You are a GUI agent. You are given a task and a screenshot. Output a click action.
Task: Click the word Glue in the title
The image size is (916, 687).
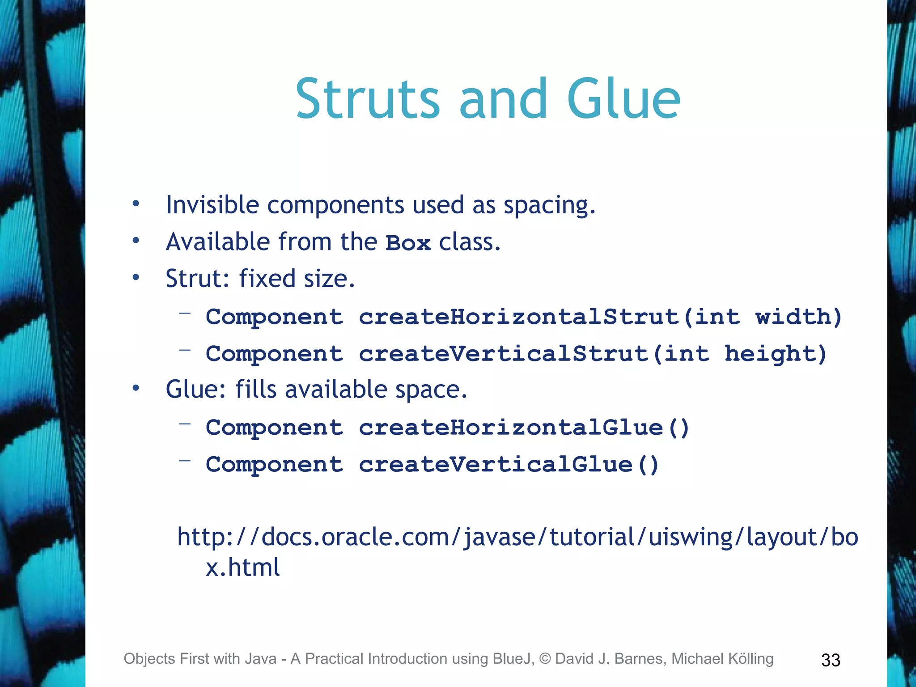coord(623,99)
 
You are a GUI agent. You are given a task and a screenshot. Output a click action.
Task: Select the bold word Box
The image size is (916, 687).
coord(408,243)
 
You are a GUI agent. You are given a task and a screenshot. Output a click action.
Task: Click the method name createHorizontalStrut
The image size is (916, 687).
coord(519,317)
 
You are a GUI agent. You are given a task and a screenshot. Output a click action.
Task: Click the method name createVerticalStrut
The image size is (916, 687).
coord(504,354)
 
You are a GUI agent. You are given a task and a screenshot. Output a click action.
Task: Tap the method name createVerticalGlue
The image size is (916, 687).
coord(496,464)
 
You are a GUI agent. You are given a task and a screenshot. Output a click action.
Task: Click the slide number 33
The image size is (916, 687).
coord(831,660)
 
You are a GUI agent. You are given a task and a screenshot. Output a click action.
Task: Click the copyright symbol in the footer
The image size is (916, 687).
coord(544,659)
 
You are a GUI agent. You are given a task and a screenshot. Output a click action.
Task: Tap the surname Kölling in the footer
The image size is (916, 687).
coord(751,659)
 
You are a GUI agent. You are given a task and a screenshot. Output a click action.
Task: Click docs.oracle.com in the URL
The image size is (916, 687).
coord(356,537)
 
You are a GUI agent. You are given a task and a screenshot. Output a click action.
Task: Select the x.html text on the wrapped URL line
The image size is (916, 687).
coord(242,567)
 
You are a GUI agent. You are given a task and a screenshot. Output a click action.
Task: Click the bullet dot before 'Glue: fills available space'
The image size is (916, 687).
coord(136,388)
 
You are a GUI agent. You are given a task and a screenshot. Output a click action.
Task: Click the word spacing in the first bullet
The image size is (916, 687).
coord(549,206)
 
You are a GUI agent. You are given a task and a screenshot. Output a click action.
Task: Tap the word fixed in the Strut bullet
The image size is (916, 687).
coord(267,278)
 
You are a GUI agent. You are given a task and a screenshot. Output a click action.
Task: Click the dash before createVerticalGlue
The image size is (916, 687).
coord(185,460)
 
